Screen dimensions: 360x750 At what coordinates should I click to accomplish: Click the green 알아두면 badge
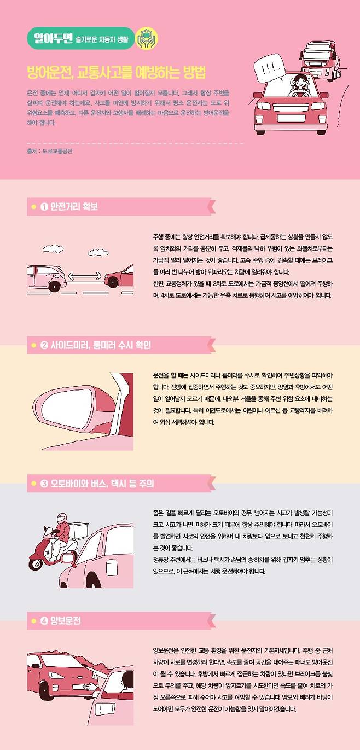click(x=80, y=38)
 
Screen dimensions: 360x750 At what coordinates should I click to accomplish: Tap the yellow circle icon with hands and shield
click(x=146, y=38)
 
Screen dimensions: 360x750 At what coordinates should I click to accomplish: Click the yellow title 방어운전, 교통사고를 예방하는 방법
click(x=116, y=72)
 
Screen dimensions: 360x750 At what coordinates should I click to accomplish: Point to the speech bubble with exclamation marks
click(x=269, y=68)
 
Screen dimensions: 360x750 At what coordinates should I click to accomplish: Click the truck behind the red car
click(x=320, y=60)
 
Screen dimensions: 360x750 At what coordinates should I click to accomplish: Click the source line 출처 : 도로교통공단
click(x=50, y=151)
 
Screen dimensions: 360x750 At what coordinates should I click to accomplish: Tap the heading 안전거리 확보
click(x=74, y=207)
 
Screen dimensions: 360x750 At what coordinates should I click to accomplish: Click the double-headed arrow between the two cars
click(x=85, y=276)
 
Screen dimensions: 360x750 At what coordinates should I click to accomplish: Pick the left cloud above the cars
click(x=53, y=249)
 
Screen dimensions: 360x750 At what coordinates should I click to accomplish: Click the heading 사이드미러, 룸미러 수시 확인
click(x=101, y=345)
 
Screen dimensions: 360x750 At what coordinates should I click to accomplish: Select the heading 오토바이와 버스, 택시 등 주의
click(x=102, y=484)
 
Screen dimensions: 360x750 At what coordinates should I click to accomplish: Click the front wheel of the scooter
click(x=36, y=563)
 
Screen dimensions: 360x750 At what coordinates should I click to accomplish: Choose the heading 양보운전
click(x=65, y=621)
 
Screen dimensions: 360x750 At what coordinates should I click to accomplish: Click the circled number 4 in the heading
click(x=44, y=621)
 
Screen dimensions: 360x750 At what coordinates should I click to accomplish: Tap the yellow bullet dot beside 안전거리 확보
click(x=33, y=207)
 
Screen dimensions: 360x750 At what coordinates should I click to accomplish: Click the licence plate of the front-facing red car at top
click(x=291, y=118)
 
